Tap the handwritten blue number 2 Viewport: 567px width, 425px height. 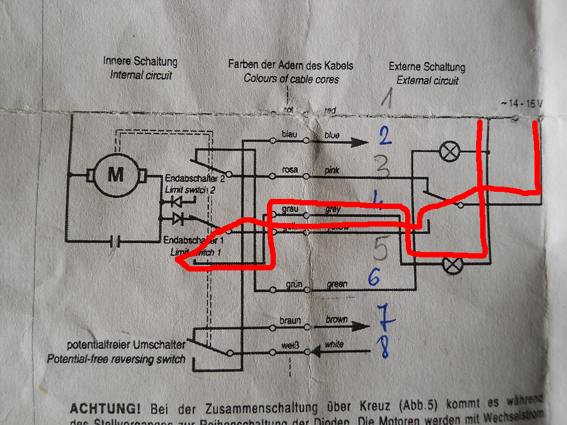click(x=384, y=138)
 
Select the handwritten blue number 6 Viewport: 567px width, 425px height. click(x=374, y=277)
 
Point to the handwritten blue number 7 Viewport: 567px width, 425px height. click(x=384, y=318)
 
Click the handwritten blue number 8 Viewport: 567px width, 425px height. click(x=384, y=348)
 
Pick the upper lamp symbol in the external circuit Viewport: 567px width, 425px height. click(x=450, y=152)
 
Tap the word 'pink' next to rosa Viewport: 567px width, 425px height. click(x=333, y=170)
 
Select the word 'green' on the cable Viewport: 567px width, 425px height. click(x=337, y=285)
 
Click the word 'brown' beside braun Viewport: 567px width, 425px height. click(x=337, y=319)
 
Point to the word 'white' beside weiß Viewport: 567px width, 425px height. click(x=334, y=344)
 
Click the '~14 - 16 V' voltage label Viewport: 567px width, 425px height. click(x=521, y=103)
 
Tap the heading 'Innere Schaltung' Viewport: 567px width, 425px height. click(x=140, y=61)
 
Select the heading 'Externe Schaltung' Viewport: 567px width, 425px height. click(x=427, y=67)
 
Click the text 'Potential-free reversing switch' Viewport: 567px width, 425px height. click(x=116, y=359)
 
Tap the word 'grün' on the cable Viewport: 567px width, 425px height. click(x=293, y=285)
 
